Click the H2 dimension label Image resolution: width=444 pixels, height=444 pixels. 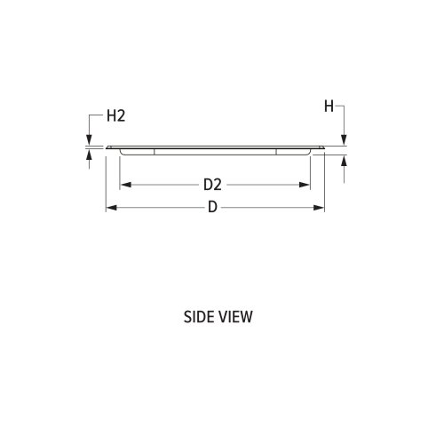click(x=115, y=115)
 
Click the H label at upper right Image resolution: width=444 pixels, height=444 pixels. click(x=329, y=107)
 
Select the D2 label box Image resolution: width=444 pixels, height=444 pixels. click(x=212, y=185)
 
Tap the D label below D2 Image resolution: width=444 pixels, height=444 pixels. click(x=212, y=208)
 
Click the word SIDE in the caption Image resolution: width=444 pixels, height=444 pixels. click(x=198, y=317)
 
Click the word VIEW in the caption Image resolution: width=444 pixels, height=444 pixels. click(x=234, y=317)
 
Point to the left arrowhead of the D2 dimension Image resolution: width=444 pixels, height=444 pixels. click(x=124, y=185)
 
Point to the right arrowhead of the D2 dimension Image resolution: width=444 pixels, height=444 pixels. click(x=305, y=185)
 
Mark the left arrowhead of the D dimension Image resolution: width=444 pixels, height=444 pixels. click(x=110, y=208)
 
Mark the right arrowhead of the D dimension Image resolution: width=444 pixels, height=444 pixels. click(x=320, y=208)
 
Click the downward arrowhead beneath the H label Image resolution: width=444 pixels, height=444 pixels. click(x=344, y=139)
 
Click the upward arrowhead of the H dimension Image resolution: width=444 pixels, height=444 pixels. click(x=344, y=161)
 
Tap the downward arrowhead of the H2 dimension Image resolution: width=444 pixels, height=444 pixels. click(x=89, y=139)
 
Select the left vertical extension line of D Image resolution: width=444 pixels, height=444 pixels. click(x=106, y=182)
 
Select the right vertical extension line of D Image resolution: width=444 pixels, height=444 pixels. click(x=325, y=182)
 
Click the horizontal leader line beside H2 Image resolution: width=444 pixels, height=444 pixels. click(x=96, y=115)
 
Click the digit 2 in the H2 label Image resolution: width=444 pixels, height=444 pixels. click(x=121, y=115)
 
